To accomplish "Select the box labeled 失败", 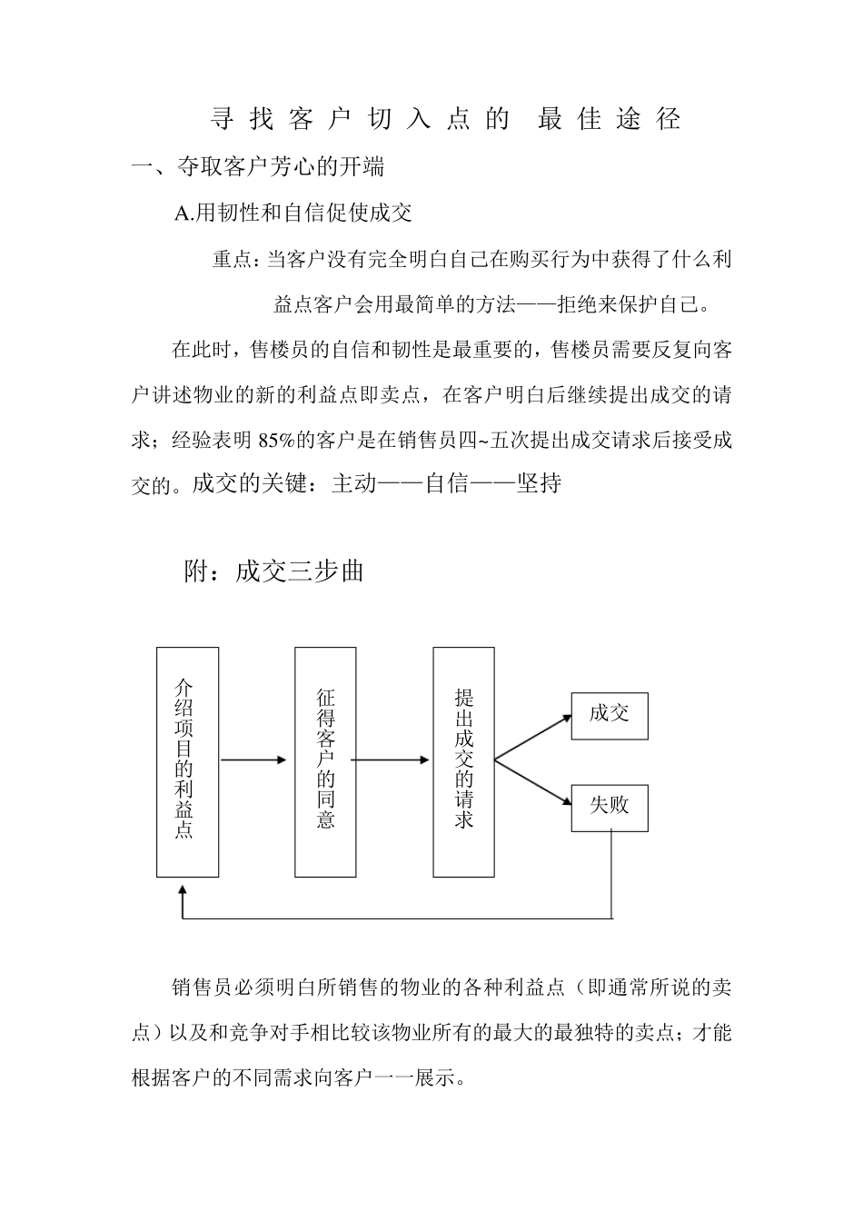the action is (x=610, y=807).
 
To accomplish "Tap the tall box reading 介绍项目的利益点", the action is (x=187, y=761).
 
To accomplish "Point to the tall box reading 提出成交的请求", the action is (x=463, y=761).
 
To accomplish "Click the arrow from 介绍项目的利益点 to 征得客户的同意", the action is (x=253, y=759).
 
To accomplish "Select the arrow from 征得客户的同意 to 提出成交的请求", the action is (x=391, y=759).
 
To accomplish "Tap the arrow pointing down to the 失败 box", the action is (x=534, y=782).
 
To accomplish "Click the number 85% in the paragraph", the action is (x=275, y=442).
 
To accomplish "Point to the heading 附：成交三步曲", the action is (x=274, y=571).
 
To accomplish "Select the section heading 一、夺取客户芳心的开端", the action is (x=258, y=167).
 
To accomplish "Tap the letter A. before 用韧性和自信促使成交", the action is (x=184, y=213).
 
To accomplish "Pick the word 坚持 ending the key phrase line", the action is (x=539, y=483).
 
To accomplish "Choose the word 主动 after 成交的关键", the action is (x=354, y=483).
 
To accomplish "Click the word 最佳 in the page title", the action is (x=563, y=119).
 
